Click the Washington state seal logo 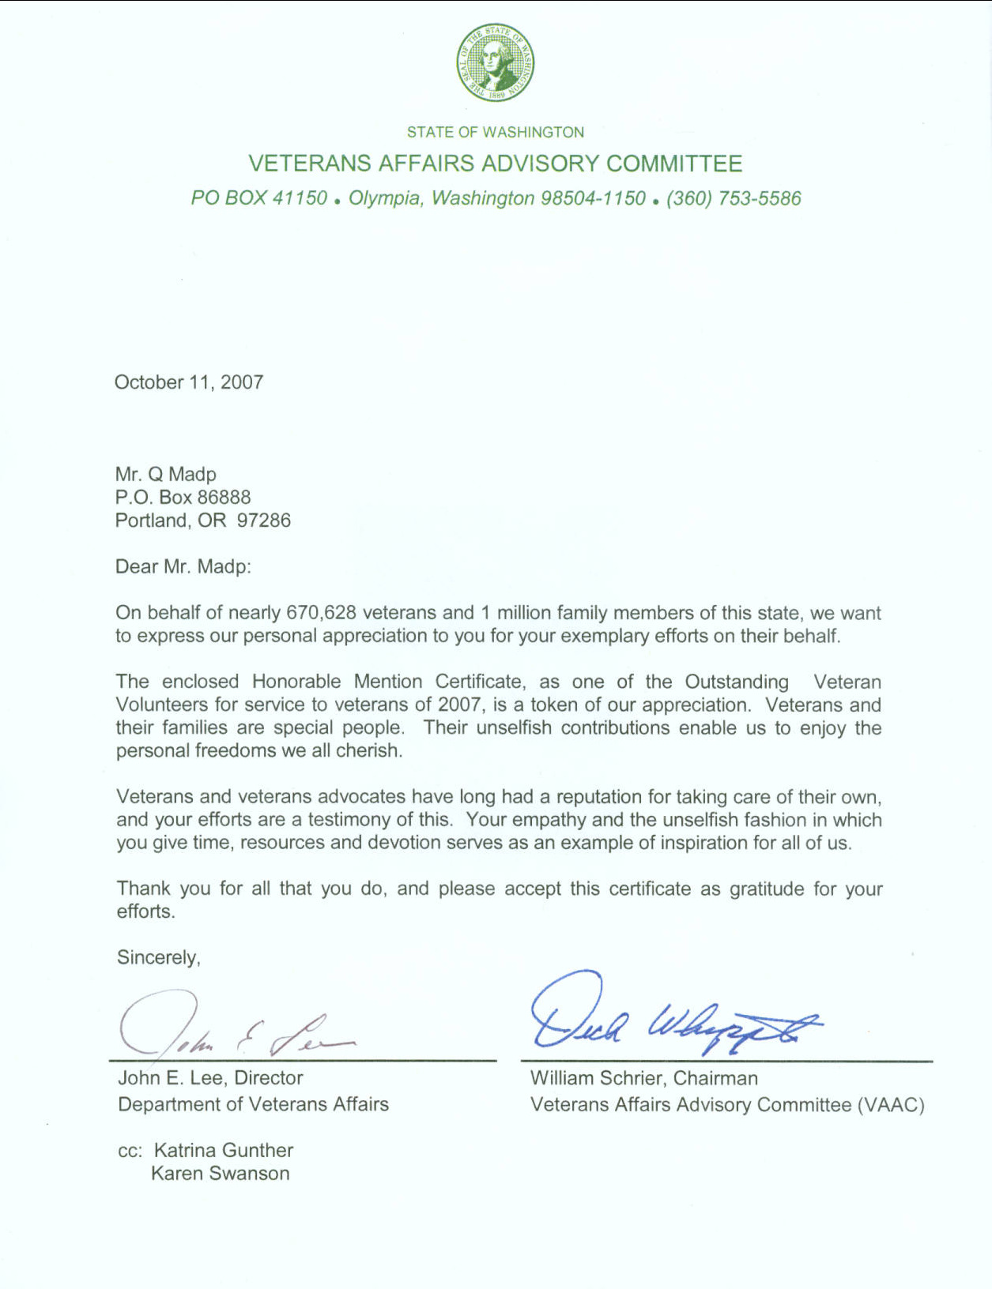[x=495, y=62]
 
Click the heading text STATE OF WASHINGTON [x=496, y=132]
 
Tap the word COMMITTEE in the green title [x=674, y=163]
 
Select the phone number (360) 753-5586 [x=734, y=198]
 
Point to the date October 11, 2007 [x=189, y=382]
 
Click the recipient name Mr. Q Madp [x=166, y=474]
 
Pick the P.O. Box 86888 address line [x=183, y=497]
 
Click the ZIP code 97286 [x=264, y=520]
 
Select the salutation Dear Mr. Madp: [x=183, y=566]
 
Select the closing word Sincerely [x=158, y=957]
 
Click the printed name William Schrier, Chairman [x=643, y=1078]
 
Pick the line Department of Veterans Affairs [x=253, y=1104]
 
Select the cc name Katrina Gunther [x=224, y=1150]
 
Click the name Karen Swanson [x=221, y=1174]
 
